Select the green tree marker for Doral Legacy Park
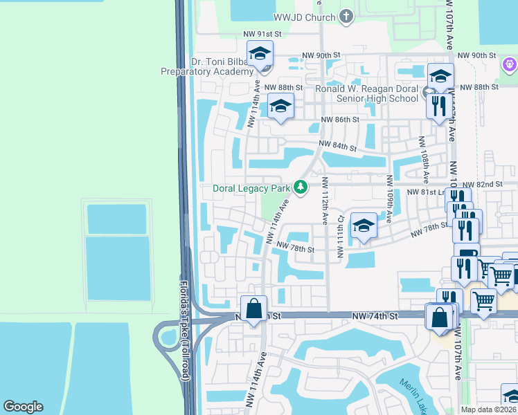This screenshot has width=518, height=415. [x=300, y=187]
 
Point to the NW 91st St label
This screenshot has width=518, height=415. [x=263, y=33]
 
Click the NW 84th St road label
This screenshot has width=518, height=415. [x=337, y=147]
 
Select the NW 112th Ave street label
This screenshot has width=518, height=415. [x=324, y=201]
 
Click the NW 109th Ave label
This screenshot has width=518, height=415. [x=389, y=199]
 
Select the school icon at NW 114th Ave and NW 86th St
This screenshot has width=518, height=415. [x=280, y=106]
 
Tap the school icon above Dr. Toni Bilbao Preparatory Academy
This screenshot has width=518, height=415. [x=260, y=53]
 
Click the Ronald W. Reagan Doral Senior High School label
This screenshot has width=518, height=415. [x=368, y=93]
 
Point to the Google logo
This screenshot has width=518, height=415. [x=23, y=407]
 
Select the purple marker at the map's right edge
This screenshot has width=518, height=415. [x=510, y=64]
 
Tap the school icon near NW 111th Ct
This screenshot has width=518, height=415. [x=364, y=225]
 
